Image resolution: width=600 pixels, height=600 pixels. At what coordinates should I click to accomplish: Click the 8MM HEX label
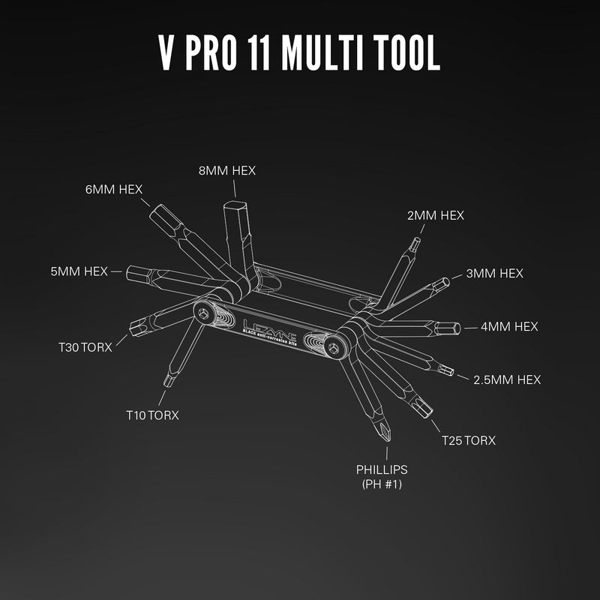pyautogui.click(x=227, y=170)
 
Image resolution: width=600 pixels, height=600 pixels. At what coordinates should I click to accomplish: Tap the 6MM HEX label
pyautogui.click(x=114, y=188)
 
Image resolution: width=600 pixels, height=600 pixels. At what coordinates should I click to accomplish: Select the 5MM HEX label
pyautogui.click(x=79, y=271)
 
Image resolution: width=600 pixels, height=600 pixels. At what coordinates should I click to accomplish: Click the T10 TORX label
pyautogui.click(x=152, y=415)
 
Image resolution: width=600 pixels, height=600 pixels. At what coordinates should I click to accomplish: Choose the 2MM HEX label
pyautogui.click(x=435, y=215)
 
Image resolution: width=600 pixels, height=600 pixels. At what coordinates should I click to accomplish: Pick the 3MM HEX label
pyautogui.click(x=495, y=273)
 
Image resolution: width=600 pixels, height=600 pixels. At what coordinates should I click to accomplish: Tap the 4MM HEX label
pyautogui.click(x=510, y=326)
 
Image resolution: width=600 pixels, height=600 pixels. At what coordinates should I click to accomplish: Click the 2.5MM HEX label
pyautogui.click(x=507, y=379)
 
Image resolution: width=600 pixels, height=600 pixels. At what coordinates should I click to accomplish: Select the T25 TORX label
pyautogui.click(x=468, y=439)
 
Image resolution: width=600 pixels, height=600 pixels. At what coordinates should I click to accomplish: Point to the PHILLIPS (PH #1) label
pyautogui.click(x=382, y=476)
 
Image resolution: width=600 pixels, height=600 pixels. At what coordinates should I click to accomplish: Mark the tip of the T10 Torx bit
pyautogui.click(x=169, y=381)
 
